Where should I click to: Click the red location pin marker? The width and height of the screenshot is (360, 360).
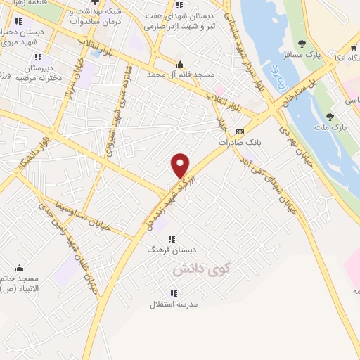pos(181,165)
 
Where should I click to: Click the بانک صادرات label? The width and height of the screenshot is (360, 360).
pos(239,141)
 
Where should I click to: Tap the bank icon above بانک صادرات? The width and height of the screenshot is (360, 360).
pos(240,131)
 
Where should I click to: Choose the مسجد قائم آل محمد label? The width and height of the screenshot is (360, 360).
pos(180,73)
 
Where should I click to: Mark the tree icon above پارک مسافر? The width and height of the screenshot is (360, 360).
pos(302,44)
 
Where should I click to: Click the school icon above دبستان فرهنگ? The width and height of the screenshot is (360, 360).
pos(172,239)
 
